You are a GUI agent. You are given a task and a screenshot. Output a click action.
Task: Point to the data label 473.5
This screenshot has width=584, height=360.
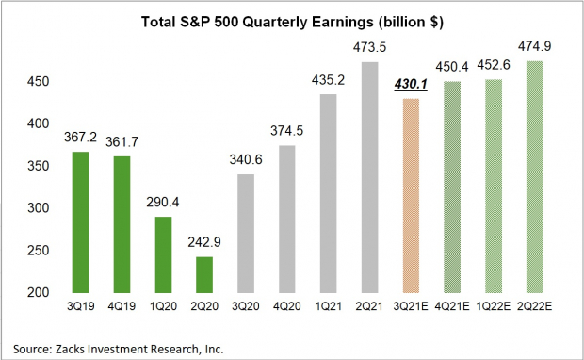365,50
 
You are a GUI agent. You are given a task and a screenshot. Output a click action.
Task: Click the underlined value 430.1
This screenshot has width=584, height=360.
410,86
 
